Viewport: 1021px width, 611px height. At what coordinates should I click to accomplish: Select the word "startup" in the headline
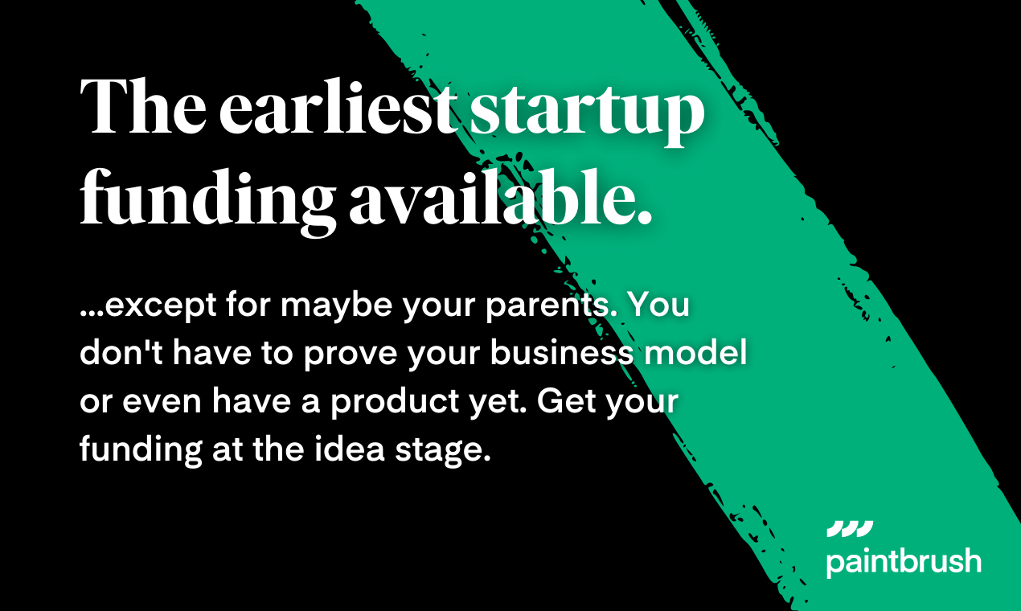(x=588, y=113)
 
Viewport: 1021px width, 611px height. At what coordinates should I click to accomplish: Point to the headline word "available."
(x=501, y=197)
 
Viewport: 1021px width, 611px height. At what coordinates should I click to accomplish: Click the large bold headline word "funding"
(x=208, y=202)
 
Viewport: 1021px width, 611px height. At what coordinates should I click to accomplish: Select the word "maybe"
(x=336, y=306)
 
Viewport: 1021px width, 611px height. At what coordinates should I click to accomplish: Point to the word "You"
(x=659, y=304)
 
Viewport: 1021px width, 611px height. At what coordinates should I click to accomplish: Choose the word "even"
(x=162, y=402)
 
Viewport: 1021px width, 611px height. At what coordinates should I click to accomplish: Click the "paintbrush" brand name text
(x=904, y=562)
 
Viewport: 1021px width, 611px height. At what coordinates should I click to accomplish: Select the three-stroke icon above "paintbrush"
(x=850, y=529)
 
